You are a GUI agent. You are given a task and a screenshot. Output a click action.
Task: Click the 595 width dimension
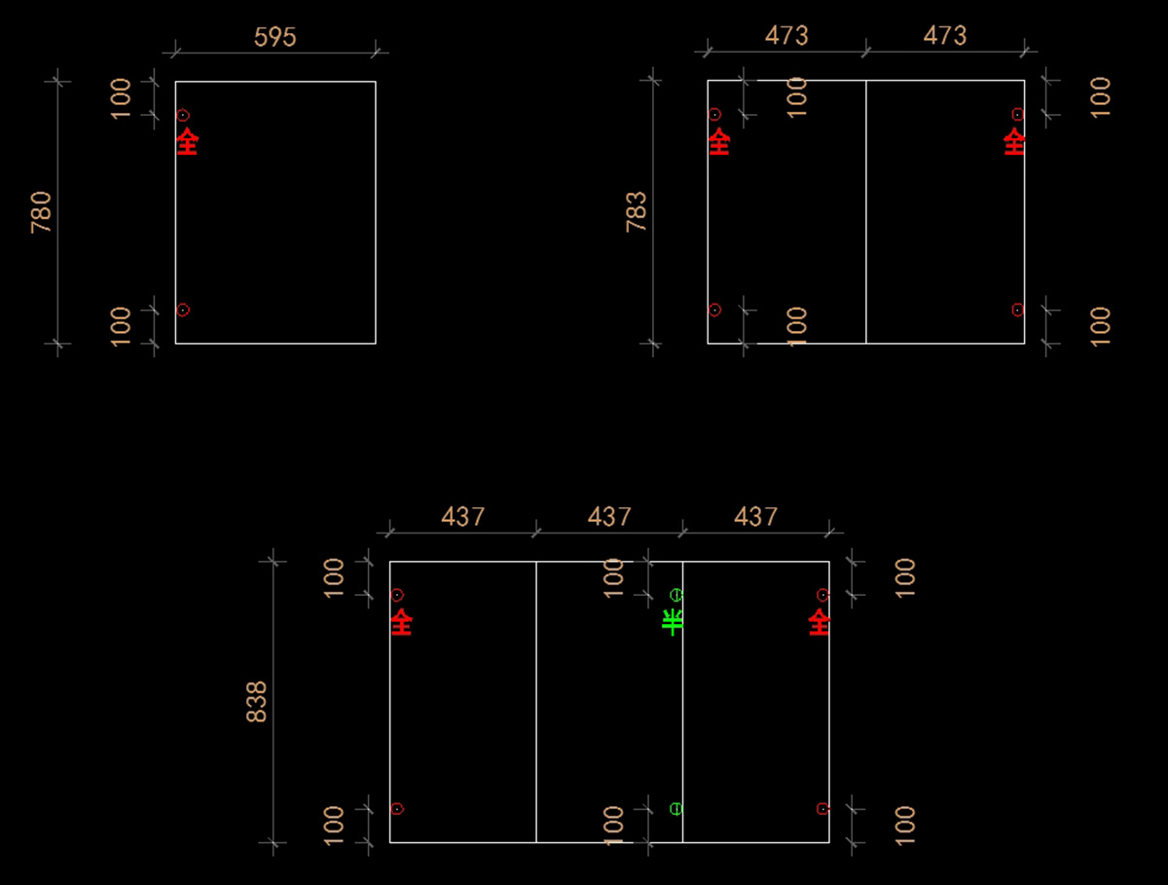(x=274, y=37)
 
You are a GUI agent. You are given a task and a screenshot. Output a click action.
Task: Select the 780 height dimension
(x=41, y=211)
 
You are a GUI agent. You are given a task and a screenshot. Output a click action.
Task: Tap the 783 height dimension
(x=636, y=211)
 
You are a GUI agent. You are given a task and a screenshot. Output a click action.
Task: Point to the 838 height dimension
(x=257, y=701)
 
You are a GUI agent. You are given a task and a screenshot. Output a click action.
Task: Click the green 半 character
(x=673, y=622)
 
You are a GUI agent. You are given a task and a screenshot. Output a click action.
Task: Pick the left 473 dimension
(x=786, y=36)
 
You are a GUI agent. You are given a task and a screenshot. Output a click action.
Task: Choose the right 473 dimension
(x=945, y=36)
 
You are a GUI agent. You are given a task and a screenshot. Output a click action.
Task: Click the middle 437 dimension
(x=609, y=516)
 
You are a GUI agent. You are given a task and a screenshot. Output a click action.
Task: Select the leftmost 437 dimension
(x=463, y=516)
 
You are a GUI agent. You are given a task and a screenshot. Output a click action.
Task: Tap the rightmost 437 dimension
(x=756, y=516)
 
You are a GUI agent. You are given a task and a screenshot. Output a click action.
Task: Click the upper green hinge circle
(x=676, y=595)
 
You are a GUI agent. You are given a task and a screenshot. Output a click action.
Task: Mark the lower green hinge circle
(x=676, y=809)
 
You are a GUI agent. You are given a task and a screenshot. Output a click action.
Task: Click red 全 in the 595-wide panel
(x=187, y=142)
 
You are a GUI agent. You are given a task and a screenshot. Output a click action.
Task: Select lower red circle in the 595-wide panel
(x=183, y=310)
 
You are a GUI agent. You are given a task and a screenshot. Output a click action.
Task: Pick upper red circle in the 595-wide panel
(x=183, y=115)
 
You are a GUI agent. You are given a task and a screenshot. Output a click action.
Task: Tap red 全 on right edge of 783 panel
(x=1014, y=142)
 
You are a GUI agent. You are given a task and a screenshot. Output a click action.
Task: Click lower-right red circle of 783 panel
(x=1017, y=310)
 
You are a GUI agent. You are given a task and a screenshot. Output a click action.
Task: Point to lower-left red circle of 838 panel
(x=397, y=809)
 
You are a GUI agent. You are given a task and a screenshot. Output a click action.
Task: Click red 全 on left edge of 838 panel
(x=401, y=622)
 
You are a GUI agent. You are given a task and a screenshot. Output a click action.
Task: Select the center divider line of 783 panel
(x=866, y=214)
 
